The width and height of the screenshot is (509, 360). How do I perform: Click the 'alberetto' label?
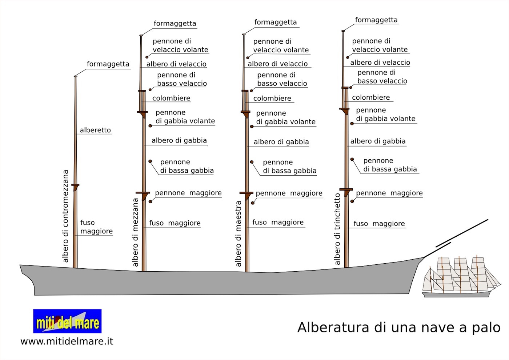(x=95, y=130)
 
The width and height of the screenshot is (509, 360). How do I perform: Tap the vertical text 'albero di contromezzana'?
(x=65, y=216)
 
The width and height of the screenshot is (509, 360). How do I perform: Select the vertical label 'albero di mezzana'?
(x=135, y=232)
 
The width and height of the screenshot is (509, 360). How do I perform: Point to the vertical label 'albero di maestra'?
(x=238, y=234)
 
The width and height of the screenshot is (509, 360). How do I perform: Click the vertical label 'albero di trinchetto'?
(x=337, y=229)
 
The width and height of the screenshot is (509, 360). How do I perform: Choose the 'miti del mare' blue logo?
(x=67, y=321)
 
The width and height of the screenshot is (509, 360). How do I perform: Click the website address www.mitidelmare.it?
(x=67, y=341)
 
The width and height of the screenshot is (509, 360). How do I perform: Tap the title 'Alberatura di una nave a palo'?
(x=399, y=328)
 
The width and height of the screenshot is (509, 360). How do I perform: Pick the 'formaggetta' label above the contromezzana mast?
(x=108, y=64)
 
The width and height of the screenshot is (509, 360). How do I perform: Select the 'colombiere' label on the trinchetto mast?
(x=371, y=97)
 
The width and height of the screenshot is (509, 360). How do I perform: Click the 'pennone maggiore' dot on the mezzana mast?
(x=151, y=201)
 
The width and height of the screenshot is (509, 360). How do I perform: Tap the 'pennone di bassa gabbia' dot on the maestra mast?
(x=252, y=162)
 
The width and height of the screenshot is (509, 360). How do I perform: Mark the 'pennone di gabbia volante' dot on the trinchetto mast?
(x=352, y=124)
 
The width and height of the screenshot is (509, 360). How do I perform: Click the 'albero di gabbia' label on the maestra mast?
(x=281, y=142)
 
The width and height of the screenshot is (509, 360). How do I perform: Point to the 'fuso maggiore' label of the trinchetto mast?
(x=379, y=224)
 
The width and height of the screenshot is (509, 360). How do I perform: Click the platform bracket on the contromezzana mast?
(x=75, y=187)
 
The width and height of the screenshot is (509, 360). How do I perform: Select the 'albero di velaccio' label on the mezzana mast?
(x=176, y=64)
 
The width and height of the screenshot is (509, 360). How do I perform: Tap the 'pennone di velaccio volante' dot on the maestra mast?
(x=248, y=58)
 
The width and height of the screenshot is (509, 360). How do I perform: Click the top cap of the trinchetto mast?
(x=343, y=31)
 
